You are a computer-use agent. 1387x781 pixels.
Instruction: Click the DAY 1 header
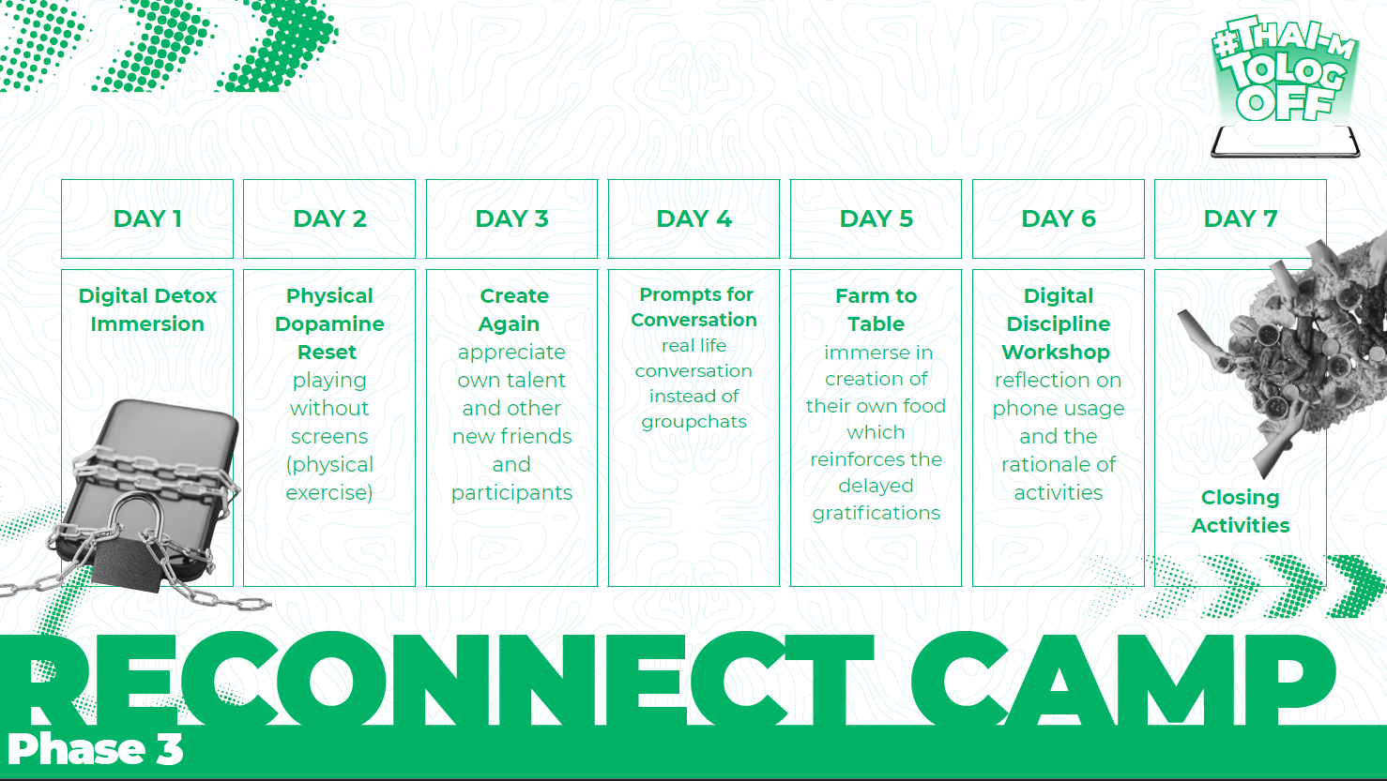click(147, 218)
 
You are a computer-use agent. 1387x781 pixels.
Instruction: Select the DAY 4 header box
click(693, 218)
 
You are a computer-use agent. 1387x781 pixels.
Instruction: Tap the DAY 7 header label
click(1240, 218)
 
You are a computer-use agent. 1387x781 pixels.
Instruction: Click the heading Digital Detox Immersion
click(147, 309)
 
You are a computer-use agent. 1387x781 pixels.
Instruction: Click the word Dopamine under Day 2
click(329, 323)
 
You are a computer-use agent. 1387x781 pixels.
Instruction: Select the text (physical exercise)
click(329, 478)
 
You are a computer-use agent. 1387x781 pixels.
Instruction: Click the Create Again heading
click(511, 309)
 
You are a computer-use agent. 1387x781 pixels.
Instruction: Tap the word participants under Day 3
click(511, 493)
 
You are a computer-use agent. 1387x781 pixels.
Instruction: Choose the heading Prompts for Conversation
click(694, 307)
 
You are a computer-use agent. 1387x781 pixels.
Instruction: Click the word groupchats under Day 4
click(694, 422)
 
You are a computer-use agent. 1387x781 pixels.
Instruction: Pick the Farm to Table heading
click(876, 309)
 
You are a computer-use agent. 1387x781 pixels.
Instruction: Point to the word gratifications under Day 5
click(876, 513)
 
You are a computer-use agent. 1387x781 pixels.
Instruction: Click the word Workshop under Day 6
click(1056, 353)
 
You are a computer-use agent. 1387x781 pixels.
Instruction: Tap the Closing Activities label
click(1240, 511)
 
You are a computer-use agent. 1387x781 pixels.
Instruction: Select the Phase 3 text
click(95, 749)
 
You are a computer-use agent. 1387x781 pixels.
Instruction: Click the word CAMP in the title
click(1121, 680)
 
